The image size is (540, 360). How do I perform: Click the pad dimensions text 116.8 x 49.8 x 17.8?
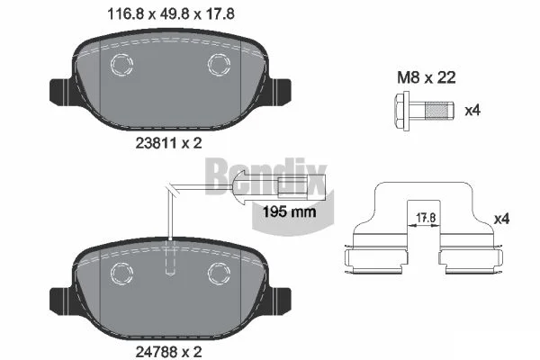pyautogui.click(x=171, y=14)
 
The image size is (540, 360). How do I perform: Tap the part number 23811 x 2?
pyautogui.click(x=168, y=143)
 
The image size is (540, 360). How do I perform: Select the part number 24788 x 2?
pyautogui.click(x=168, y=352)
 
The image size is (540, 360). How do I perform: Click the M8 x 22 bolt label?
pyautogui.click(x=427, y=77)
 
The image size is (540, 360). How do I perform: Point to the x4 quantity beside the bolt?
pyautogui.click(x=472, y=111)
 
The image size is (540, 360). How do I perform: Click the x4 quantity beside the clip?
pyautogui.click(x=501, y=219)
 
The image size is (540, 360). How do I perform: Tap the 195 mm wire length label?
pyautogui.click(x=289, y=211)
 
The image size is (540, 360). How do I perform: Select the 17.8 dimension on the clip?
pyautogui.click(x=426, y=218)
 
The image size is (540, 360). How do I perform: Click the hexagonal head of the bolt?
pyautogui.click(x=401, y=111)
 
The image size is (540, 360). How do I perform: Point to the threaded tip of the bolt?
pyautogui.click(x=439, y=111)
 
